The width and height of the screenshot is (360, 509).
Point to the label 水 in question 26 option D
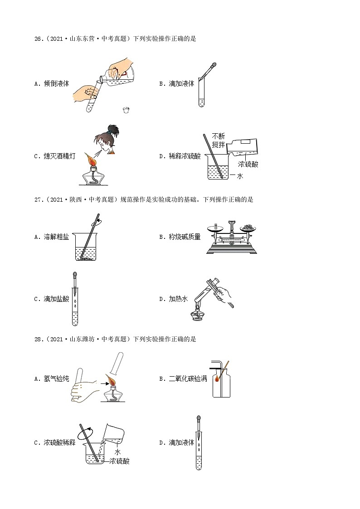pos(240,176)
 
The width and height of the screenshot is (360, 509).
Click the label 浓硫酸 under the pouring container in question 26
pos(248,165)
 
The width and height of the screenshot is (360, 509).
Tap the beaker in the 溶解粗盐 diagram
pos(85,248)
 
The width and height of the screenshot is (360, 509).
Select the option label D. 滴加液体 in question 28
pos(177,443)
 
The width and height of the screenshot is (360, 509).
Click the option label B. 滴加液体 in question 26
pos(177,83)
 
